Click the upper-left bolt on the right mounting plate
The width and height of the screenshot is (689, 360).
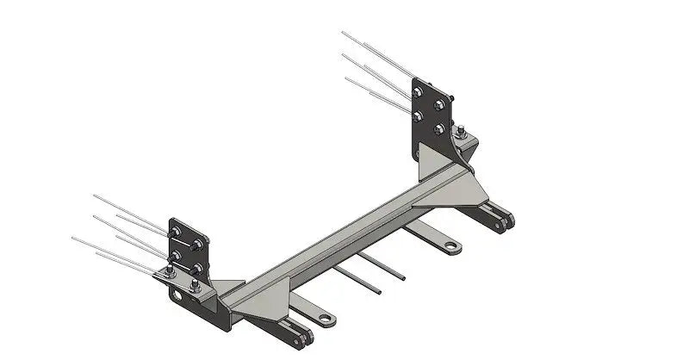419,93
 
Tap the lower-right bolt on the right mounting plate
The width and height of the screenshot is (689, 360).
441,129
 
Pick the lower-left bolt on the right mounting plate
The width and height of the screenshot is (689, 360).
419,115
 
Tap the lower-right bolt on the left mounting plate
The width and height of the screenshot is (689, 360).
198,268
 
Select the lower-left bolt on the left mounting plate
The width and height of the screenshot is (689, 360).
176,256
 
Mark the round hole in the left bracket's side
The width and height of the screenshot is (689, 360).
177,295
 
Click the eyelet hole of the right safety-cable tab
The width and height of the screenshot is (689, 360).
451,247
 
